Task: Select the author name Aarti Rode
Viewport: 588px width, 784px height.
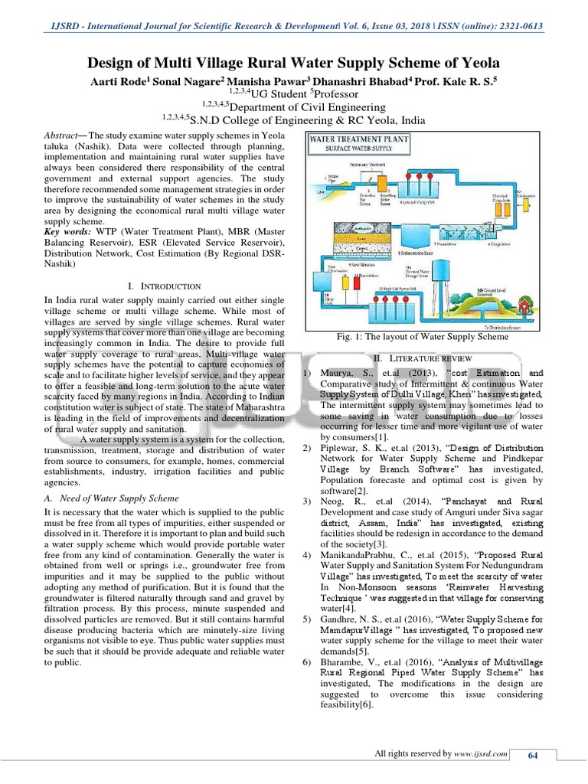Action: click(x=121, y=80)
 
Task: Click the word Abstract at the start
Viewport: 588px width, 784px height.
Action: click(x=65, y=134)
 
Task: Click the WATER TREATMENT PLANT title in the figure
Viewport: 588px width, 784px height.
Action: click(x=359, y=139)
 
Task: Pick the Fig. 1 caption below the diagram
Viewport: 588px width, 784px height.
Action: click(x=423, y=336)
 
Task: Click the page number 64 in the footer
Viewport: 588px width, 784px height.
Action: click(x=534, y=756)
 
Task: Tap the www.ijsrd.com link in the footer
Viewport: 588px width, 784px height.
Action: click(x=481, y=754)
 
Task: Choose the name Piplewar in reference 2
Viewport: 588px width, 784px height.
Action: click(x=345, y=446)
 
